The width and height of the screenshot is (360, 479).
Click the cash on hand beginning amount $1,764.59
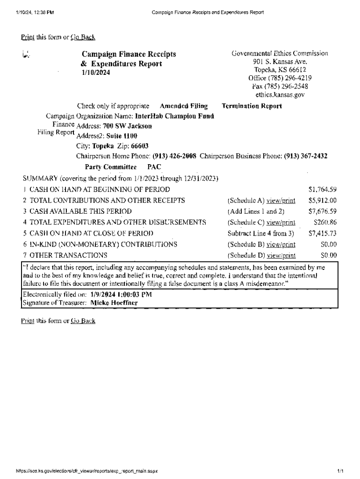click(323, 189)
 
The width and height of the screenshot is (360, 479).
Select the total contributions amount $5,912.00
click(323, 201)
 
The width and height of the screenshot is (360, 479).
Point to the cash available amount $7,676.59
click(323, 211)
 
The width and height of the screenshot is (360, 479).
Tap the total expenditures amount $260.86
click(325, 222)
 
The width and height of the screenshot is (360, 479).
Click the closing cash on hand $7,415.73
click(323, 233)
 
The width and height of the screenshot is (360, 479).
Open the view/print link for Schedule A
click(281, 201)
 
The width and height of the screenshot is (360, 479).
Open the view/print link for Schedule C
click(281, 222)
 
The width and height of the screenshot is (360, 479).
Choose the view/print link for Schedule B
click(281, 244)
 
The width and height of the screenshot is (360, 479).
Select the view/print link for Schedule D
click(281, 255)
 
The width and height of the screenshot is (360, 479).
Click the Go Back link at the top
click(83, 37)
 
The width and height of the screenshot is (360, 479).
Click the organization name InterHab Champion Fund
click(174, 116)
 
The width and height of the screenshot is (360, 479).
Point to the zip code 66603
click(139, 146)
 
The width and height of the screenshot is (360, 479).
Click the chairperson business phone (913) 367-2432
click(305, 156)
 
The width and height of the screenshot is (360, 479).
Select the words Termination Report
click(252, 106)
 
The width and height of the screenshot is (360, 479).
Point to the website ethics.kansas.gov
click(280, 94)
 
